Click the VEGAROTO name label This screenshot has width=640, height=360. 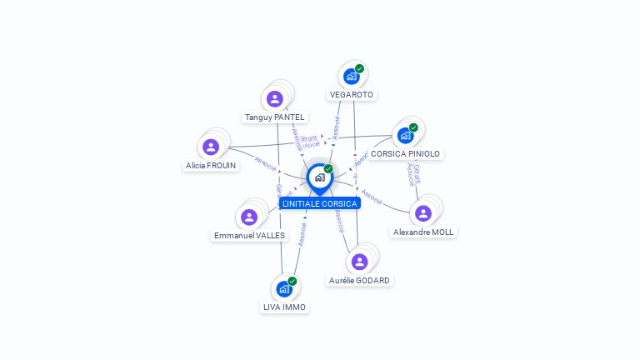(351, 95)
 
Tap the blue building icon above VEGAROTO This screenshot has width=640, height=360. (352, 77)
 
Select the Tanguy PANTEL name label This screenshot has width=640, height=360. (274, 117)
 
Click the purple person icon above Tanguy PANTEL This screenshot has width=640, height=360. (275, 98)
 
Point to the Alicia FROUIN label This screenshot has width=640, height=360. (211, 166)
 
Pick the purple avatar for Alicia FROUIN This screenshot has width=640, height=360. (211, 147)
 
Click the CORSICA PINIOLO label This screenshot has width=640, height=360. (406, 154)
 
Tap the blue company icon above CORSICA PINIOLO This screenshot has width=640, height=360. (406, 135)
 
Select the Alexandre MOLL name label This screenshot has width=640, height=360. (423, 232)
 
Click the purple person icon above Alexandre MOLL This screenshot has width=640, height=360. (423, 212)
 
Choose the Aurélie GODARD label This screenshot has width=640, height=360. (359, 281)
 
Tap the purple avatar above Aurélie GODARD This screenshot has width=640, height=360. (359, 262)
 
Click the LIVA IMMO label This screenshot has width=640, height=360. (284, 307)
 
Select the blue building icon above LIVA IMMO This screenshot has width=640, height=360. (284, 288)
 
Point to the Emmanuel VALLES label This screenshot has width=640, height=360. (249, 236)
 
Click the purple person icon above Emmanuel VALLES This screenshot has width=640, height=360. (249, 217)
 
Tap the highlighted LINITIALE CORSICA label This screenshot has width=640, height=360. (320, 204)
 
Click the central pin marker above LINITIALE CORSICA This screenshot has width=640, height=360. (319, 177)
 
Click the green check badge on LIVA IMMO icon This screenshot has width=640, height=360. (292, 281)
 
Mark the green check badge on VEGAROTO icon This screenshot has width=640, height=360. (360, 68)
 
